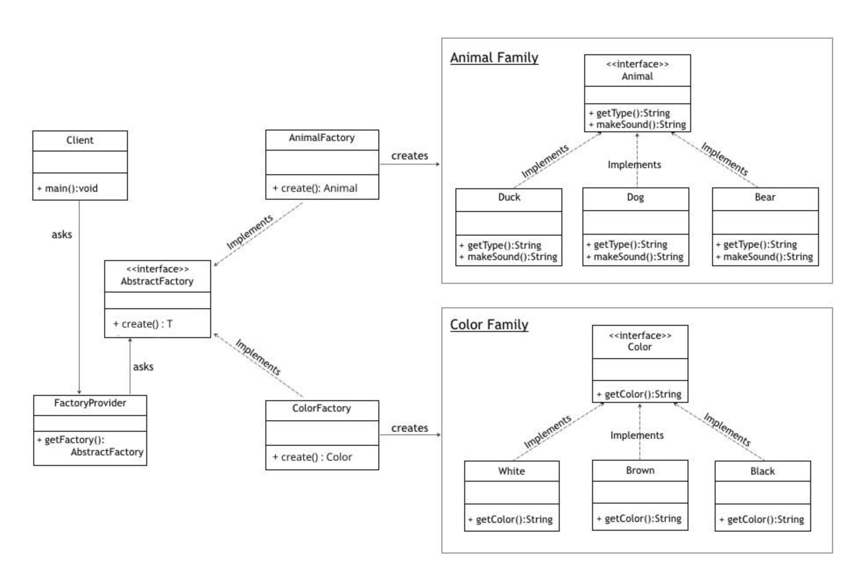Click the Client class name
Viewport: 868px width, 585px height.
point(80,140)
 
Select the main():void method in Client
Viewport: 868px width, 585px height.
point(68,188)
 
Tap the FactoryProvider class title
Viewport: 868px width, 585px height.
point(90,403)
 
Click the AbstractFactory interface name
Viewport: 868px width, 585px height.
point(157,281)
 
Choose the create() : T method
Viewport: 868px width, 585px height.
point(143,324)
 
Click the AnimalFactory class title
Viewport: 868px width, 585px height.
point(321,137)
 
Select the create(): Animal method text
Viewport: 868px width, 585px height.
point(315,188)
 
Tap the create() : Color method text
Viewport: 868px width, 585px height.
point(313,457)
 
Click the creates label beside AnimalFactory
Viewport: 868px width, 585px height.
point(409,156)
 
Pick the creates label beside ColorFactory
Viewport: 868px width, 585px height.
point(409,428)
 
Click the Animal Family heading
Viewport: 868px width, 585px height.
point(494,58)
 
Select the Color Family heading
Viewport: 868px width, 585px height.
point(489,324)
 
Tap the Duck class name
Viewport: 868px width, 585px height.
point(509,197)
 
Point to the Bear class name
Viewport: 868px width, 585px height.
point(765,197)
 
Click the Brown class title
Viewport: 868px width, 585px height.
point(640,470)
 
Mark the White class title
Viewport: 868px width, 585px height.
point(511,471)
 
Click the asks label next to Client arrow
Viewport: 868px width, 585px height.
point(62,235)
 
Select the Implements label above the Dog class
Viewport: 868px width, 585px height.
point(634,165)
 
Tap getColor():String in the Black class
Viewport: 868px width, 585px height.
point(762,520)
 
